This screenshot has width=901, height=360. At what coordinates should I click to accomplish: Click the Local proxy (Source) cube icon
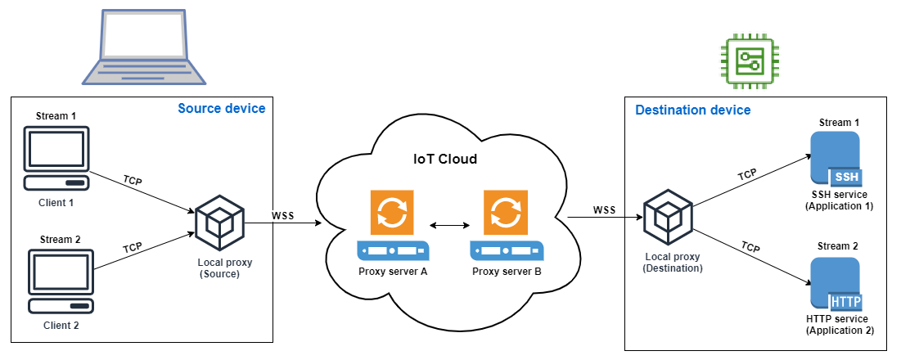point(219,219)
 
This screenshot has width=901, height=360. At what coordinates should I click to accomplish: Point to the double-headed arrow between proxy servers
point(448,223)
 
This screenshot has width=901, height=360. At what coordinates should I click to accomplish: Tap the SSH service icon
point(834,159)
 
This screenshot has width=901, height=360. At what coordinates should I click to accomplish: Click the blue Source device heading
point(221,109)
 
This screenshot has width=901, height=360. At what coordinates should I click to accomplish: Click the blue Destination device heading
point(692,110)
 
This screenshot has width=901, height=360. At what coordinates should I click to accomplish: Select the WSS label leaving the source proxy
point(283,216)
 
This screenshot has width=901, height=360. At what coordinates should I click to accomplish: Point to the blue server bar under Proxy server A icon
point(392,249)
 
